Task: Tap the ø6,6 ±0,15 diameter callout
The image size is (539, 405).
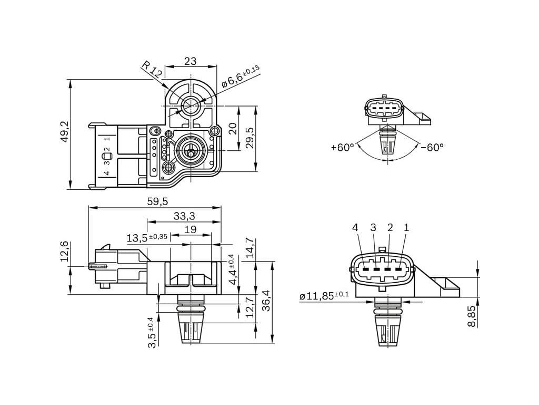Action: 241,76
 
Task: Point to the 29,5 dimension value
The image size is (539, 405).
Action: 250,138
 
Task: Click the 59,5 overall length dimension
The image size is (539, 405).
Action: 157,201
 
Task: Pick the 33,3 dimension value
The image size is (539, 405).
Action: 184,216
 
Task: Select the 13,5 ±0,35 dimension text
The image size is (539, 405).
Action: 147,237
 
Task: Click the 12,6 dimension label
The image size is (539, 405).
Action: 65,252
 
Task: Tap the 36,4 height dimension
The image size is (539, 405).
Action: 266,301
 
